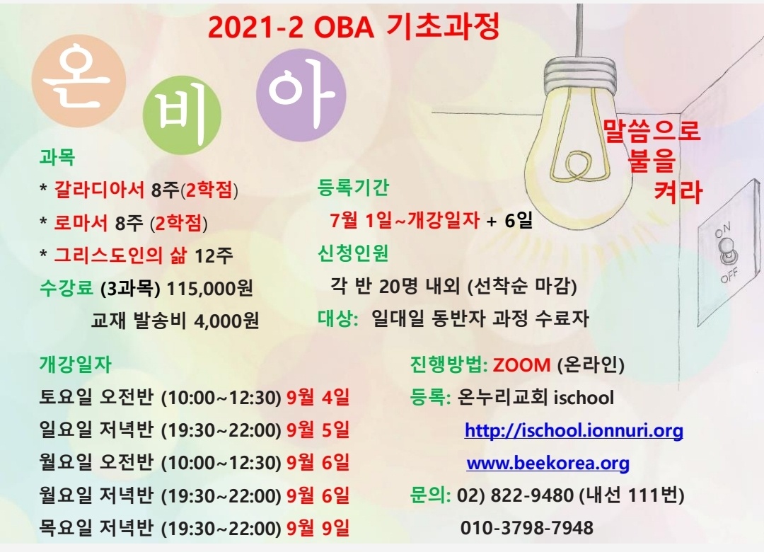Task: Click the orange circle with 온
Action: tap(79, 81)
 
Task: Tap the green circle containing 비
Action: tap(182, 115)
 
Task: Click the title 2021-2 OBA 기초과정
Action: tap(354, 27)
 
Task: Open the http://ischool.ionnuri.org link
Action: tap(574, 430)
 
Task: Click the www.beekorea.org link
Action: tap(548, 463)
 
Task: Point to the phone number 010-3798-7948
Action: tap(527, 528)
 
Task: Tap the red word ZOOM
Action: tap(521, 364)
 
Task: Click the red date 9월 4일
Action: tap(318, 397)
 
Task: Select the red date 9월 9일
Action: tap(318, 528)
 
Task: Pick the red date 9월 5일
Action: tap(318, 430)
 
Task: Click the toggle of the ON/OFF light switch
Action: tap(727, 251)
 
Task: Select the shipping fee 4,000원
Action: tap(226, 321)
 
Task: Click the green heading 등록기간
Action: tap(353, 188)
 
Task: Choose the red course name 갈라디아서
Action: tap(100, 190)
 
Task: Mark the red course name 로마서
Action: tap(81, 222)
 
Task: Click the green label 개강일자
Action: tap(76, 364)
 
